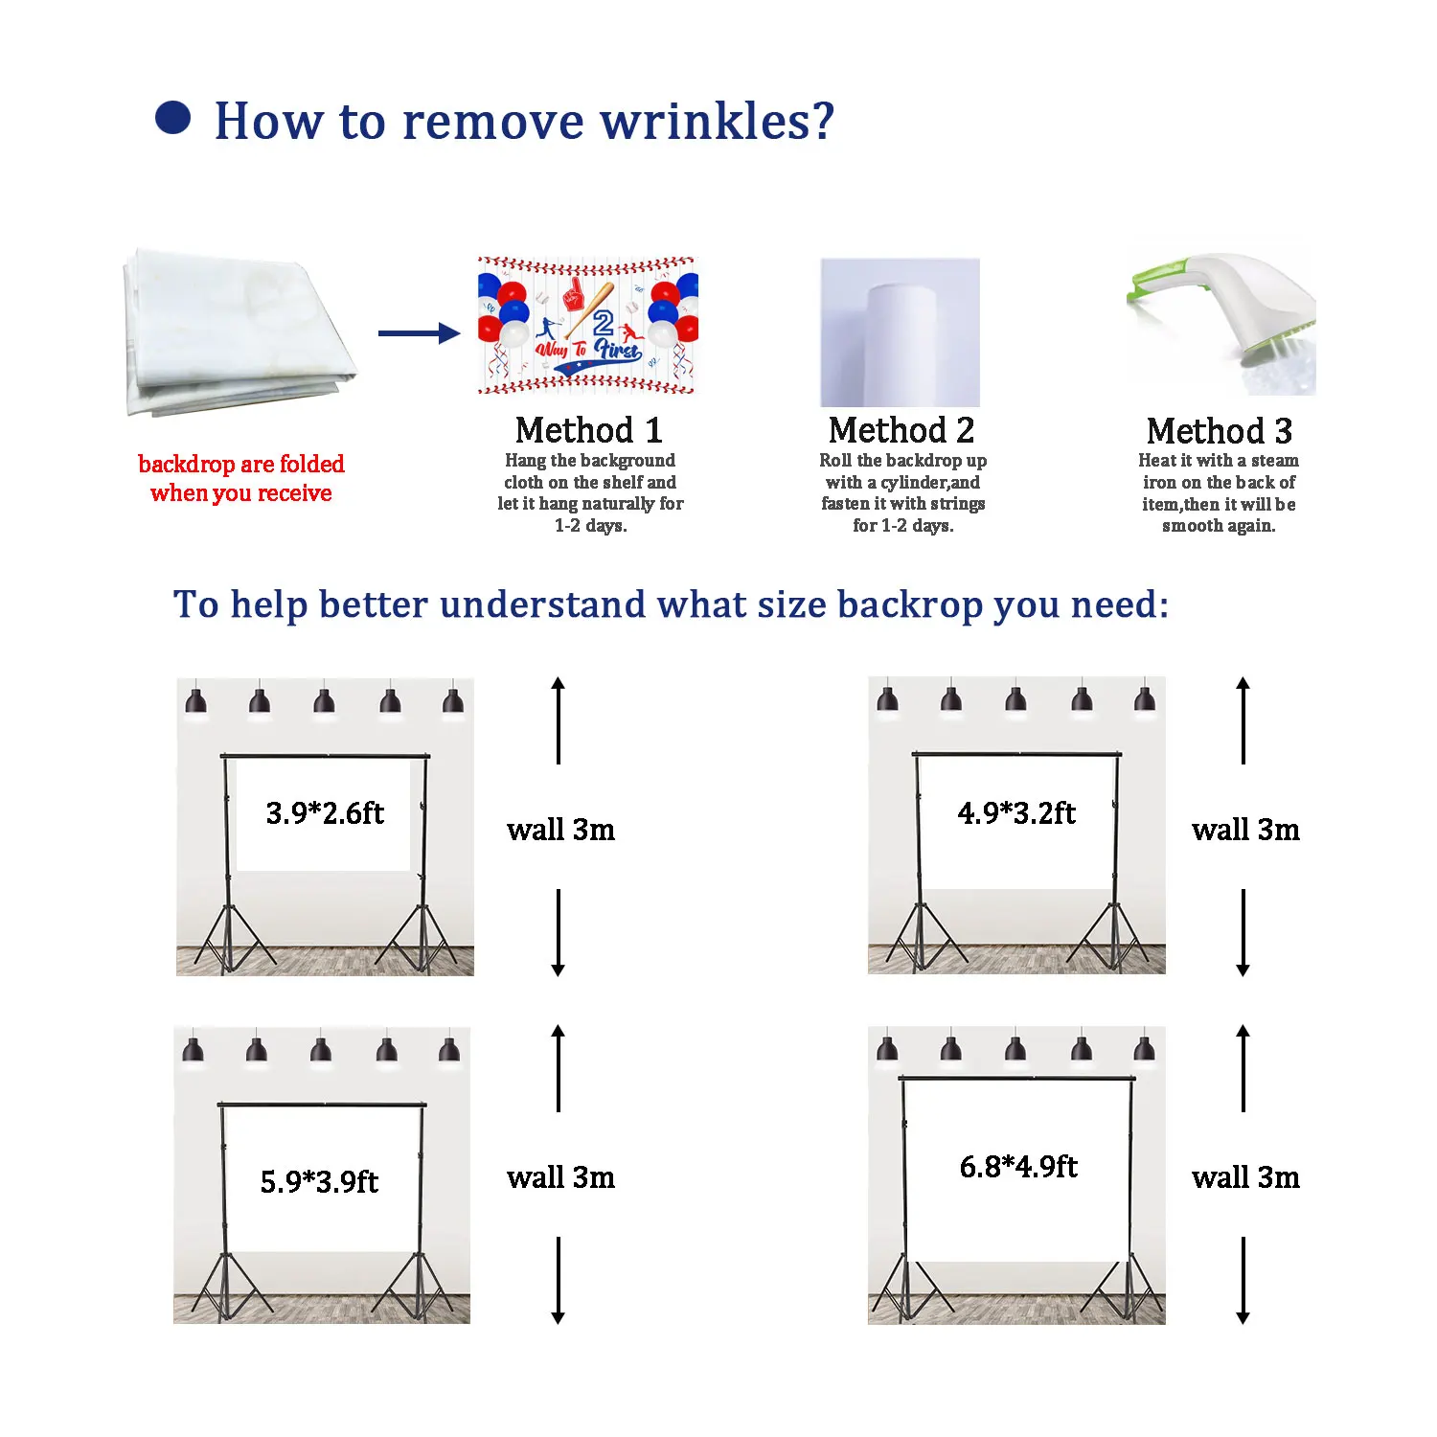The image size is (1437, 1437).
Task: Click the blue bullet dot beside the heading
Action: tap(173, 119)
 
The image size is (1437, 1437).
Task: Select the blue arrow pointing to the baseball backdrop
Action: tap(419, 333)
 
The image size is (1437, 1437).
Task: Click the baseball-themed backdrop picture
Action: tap(587, 326)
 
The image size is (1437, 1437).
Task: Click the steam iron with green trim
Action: tap(1221, 321)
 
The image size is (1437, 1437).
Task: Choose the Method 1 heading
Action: tap(588, 430)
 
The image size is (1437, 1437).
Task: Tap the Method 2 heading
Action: tap(901, 430)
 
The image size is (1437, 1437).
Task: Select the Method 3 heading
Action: tap(1219, 431)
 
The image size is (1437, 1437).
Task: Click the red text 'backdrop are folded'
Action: tap(241, 465)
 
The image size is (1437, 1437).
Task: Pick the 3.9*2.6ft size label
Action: tap(325, 813)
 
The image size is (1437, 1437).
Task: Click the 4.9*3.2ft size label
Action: tap(1016, 813)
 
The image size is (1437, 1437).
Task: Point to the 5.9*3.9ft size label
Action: tap(319, 1181)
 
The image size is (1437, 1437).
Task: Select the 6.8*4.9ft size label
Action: tap(1018, 1167)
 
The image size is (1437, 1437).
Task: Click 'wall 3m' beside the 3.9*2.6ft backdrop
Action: tap(560, 830)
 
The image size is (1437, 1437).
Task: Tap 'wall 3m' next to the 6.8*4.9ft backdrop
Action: tap(1245, 1177)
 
